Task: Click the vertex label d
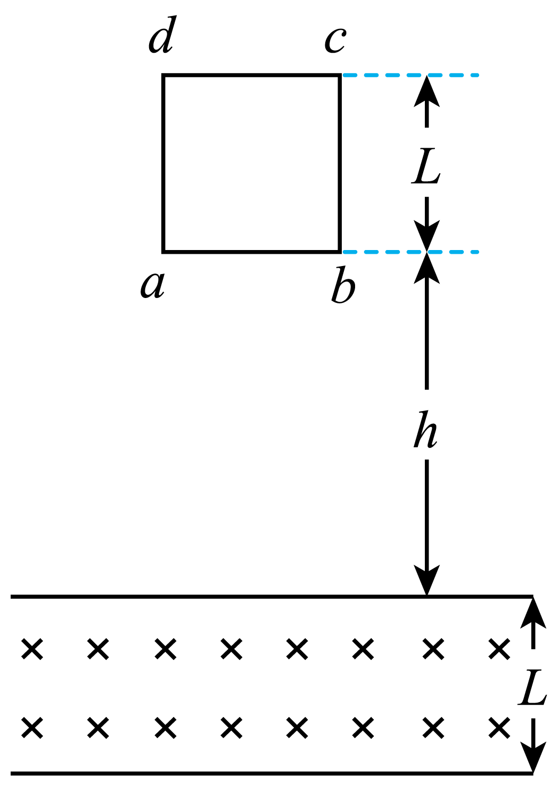162,35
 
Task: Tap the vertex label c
335,41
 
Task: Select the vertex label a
153,285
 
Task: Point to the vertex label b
343,285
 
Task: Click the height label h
425,429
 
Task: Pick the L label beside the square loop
426,166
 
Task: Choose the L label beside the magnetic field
532,687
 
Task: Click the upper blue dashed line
410,75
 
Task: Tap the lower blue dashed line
410,252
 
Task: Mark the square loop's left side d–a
163,164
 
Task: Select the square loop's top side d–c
251,75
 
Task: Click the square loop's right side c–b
340,164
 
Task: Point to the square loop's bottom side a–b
251,252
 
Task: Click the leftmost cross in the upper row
32,648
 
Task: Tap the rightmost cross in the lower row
499,727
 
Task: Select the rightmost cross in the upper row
499,648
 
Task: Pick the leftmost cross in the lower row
32,727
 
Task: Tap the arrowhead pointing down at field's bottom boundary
533,758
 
